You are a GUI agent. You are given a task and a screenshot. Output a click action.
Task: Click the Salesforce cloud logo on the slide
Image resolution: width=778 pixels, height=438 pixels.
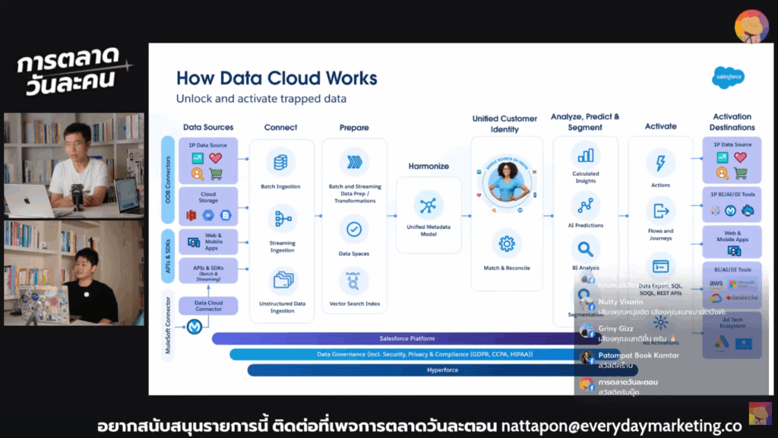pos(728,77)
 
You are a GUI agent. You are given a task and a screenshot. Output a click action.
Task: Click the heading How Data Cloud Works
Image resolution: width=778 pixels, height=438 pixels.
pos(277,78)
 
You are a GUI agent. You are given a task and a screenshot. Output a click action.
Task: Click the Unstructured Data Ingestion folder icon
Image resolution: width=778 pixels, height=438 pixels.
pos(282,280)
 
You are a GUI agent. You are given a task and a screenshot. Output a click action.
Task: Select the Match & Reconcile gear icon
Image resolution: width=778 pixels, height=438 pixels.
pos(506,244)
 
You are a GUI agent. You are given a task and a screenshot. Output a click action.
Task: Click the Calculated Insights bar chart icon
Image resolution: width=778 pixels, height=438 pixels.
pos(585,155)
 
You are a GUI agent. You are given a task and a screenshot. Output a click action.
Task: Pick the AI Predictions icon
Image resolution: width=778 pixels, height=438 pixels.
pos(585,205)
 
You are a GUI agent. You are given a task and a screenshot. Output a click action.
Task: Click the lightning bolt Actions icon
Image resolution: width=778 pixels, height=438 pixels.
pos(660,163)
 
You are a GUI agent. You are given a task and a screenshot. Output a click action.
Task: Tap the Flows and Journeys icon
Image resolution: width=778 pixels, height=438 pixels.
pos(660,211)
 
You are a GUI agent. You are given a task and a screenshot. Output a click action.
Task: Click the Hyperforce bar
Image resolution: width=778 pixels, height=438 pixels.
pos(410,370)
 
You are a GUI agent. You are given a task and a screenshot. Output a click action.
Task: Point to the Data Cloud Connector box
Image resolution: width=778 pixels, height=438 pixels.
pos(208,306)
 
